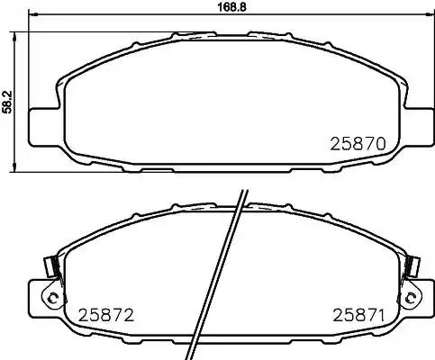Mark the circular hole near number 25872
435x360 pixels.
[x=52, y=298]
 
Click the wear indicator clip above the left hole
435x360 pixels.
[x=51, y=267]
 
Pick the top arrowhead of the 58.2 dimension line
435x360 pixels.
[x=18, y=34]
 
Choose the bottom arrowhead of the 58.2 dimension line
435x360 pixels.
[x=18, y=166]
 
